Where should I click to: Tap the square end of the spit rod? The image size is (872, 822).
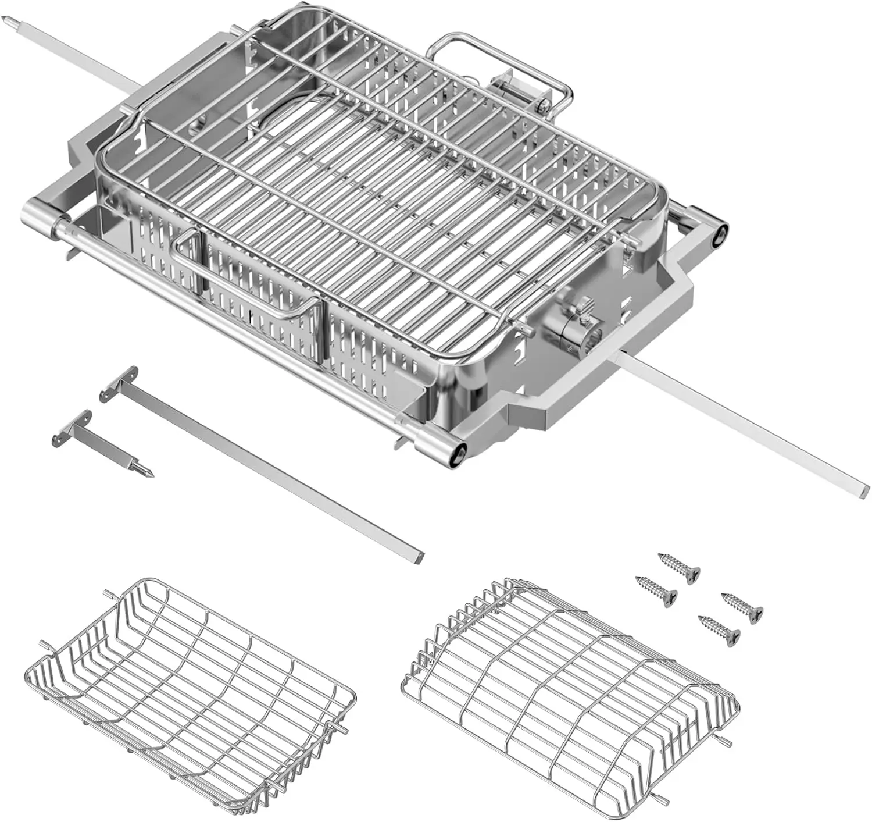pos(864,489)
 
